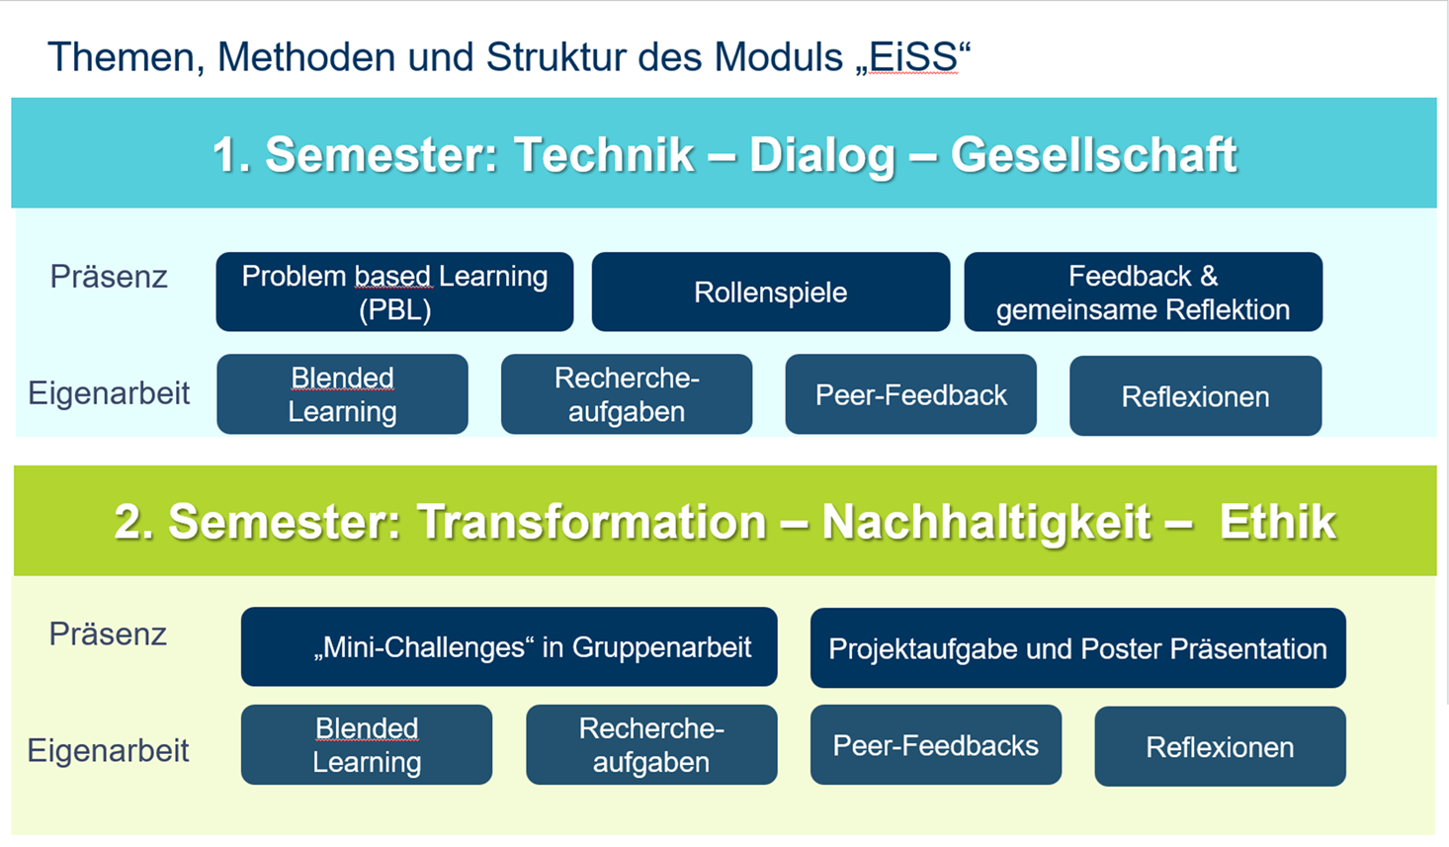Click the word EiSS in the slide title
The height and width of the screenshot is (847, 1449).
913,57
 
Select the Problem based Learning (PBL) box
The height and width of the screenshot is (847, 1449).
394,293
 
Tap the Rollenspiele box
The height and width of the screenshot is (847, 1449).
770,293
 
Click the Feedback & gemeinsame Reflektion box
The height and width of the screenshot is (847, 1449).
1143,293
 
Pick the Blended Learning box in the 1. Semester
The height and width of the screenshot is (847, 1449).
342,394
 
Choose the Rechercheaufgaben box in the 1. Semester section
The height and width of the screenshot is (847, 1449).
626,394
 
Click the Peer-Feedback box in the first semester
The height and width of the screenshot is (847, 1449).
910,395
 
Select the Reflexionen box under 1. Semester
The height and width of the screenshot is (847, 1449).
1195,396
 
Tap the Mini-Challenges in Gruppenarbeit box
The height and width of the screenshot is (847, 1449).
509,647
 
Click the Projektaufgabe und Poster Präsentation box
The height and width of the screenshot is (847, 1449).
1077,648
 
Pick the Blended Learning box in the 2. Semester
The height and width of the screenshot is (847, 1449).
367,745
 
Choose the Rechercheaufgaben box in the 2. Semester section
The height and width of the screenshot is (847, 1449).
651,745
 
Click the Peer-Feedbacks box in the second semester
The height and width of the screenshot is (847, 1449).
935,745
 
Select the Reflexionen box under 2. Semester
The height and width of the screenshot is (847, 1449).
1220,747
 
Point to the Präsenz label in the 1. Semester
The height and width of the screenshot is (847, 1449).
109,277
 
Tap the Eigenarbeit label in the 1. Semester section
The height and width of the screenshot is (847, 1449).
109,393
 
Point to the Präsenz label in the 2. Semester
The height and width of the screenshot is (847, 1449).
108,634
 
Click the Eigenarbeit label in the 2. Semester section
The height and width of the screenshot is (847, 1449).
108,751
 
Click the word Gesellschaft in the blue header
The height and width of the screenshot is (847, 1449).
1093,155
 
